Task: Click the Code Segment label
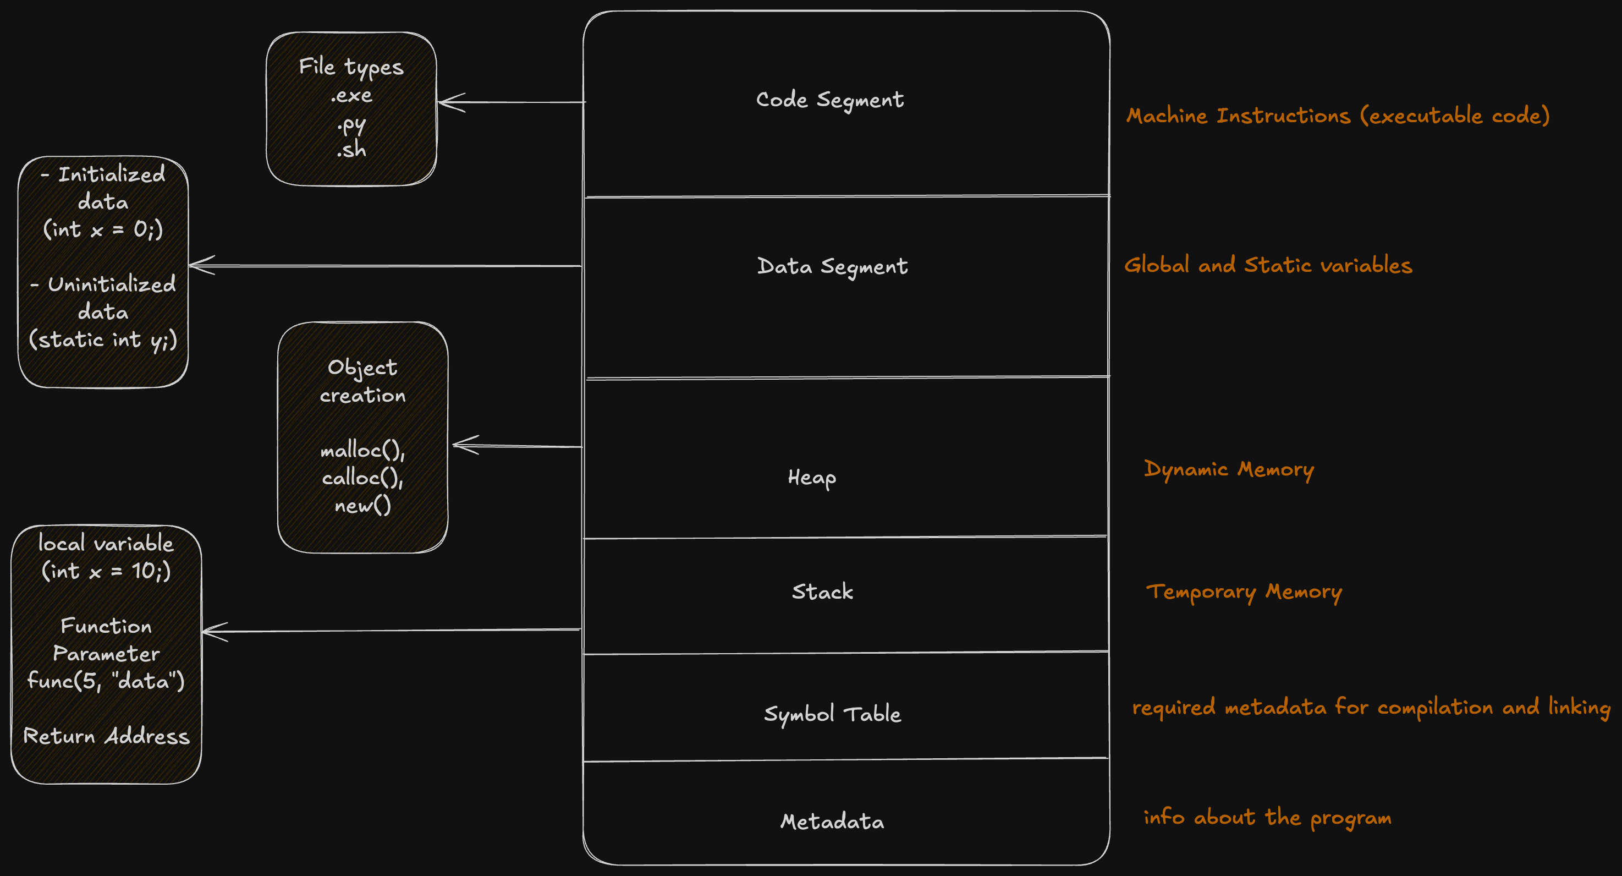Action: pyautogui.click(x=829, y=100)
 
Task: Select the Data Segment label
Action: pyautogui.click(x=832, y=266)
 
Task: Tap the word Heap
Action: pyautogui.click(x=812, y=478)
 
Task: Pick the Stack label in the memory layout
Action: pyautogui.click(x=822, y=592)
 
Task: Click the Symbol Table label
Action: pyautogui.click(x=832, y=714)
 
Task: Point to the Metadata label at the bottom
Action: pyautogui.click(x=832, y=821)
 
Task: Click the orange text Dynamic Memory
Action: pyautogui.click(x=1229, y=469)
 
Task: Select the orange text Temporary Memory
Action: pyautogui.click(x=1244, y=592)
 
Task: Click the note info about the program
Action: pyautogui.click(x=1267, y=818)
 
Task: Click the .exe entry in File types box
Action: pyautogui.click(x=351, y=96)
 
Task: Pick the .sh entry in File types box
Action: pyautogui.click(x=351, y=150)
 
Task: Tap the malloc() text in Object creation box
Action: pyautogui.click(x=362, y=450)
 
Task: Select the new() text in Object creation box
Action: pyautogui.click(x=362, y=505)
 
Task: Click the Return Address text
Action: pyautogui.click(x=106, y=736)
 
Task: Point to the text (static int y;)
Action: pyautogui.click(x=103, y=340)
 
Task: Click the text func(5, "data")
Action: pyautogui.click(x=106, y=681)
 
